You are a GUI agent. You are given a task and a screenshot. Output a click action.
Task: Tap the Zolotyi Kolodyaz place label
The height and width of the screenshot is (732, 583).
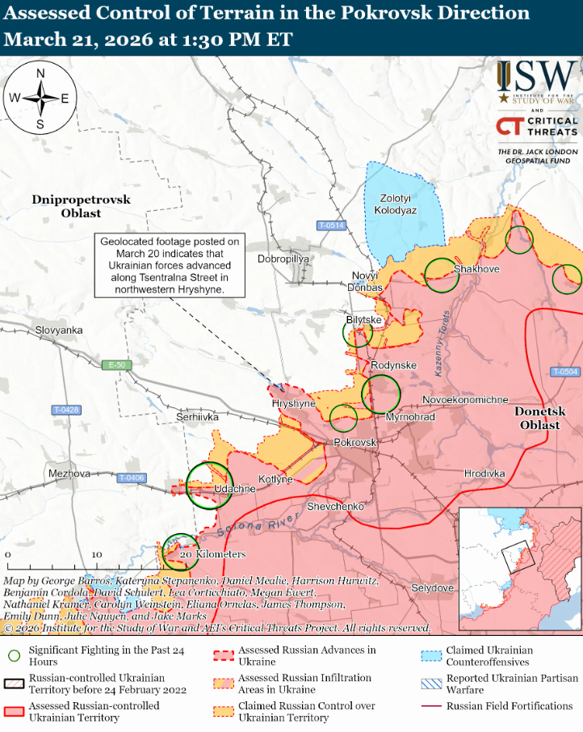click(396, 204)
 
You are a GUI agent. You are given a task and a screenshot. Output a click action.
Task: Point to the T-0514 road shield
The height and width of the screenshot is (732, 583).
click(331, 225)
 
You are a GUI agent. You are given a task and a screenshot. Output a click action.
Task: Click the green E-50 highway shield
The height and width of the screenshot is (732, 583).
click(117, 365)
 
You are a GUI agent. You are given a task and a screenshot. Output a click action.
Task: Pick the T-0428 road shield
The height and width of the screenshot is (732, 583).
click(66, 410)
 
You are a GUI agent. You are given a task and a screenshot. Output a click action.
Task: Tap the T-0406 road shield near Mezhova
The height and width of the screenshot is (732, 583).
click(131, 478)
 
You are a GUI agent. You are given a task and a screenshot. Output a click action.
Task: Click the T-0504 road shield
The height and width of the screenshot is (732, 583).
click(565, 372)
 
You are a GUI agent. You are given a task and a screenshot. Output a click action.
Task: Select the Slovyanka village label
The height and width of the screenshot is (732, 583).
click(59, 330)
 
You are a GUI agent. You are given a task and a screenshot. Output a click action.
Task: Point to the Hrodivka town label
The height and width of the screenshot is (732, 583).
click(484, 473)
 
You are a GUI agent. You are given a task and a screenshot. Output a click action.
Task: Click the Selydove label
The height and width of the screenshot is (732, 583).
click(432, 587)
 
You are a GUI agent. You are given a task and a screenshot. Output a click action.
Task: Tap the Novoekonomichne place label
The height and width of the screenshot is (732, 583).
click(466, 400)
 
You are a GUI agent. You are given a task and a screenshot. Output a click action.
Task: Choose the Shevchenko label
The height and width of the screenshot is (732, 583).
click(336, 506)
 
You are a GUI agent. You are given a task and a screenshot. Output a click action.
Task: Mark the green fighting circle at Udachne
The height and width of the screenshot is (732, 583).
click(209, 485)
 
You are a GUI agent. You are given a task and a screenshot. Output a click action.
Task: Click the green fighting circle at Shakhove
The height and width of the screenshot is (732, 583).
click(442, 275)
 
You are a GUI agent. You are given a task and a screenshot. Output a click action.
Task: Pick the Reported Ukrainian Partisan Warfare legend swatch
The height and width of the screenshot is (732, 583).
click(432, 684)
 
